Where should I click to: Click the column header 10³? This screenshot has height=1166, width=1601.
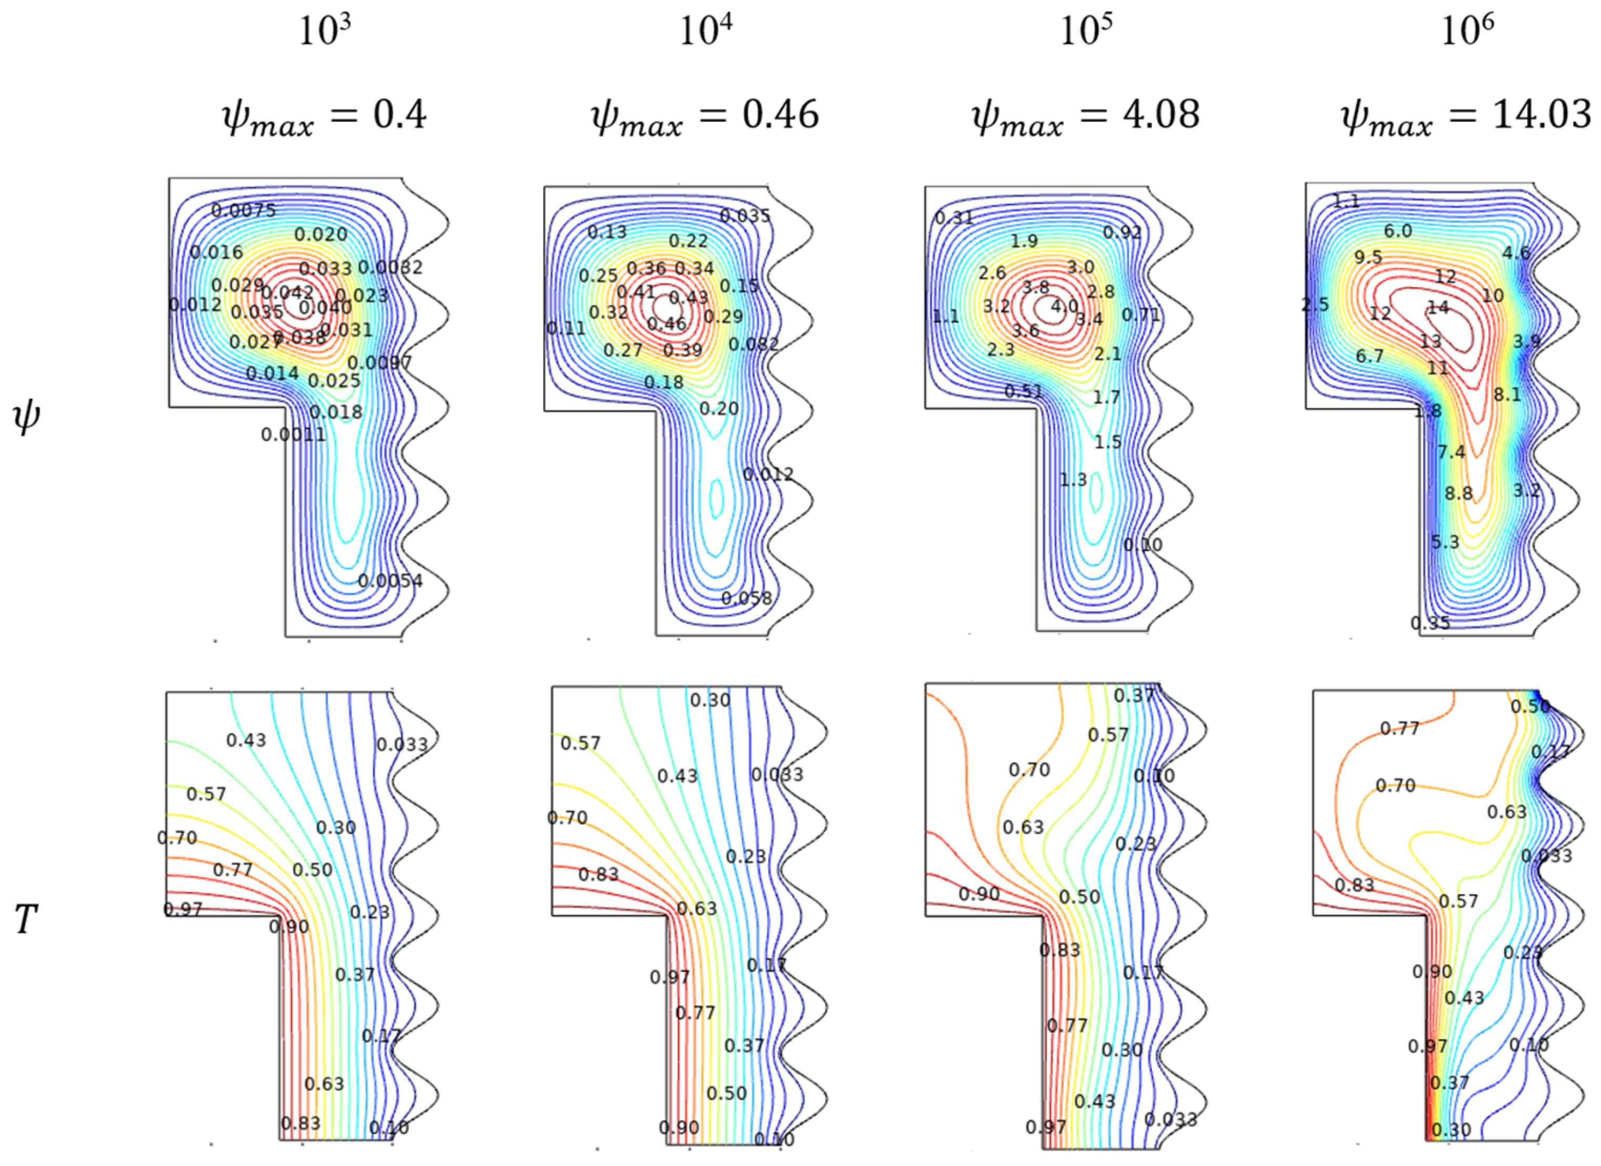coord(325,31)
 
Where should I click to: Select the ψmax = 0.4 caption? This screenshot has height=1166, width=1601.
coord(325,115)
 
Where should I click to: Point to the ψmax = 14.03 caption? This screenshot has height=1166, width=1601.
coord(1466,115)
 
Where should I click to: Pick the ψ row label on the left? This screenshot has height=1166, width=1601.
coord(27,417)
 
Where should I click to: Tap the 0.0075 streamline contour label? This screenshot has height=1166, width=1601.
coord(243,210)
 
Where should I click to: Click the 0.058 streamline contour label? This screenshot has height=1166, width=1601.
coord(746,598)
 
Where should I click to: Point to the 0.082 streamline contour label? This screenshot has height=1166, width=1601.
coord(753,344)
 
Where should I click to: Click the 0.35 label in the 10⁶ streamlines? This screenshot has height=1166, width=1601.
coord(1430,622)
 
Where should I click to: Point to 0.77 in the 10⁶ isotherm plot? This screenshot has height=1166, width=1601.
coord(1400,728)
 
